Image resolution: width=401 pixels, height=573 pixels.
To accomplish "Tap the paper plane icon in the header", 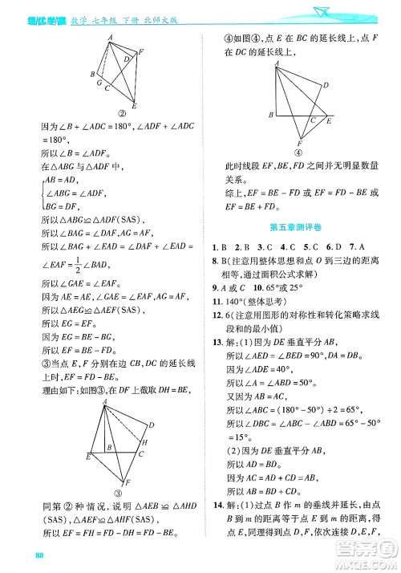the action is [x=323, y=9].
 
